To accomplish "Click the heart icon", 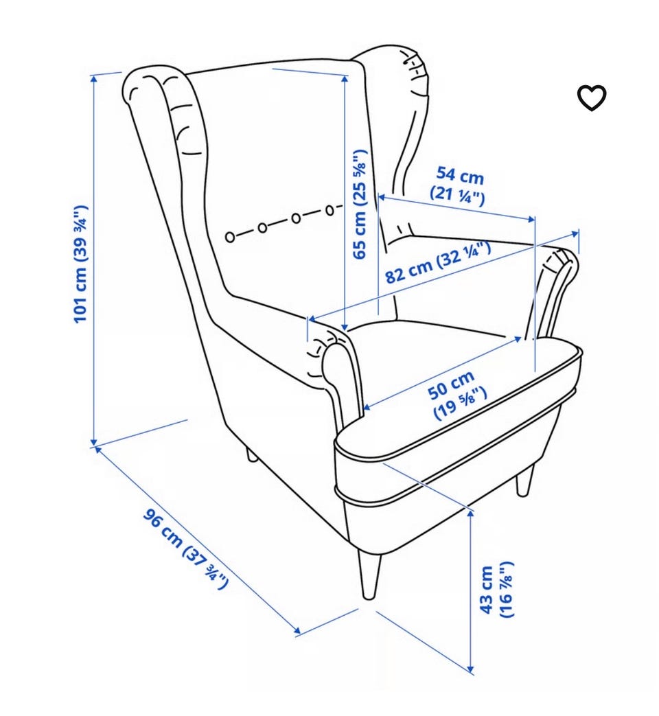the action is click(592, 97).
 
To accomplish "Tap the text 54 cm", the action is click(460, 175).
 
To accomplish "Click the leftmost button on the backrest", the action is click(230, 237).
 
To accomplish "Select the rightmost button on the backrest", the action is click(329, 210).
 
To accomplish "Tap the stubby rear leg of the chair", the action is click(252, 455).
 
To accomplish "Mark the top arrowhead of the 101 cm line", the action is click(94, 79).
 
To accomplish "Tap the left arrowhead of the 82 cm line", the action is click(313, 318).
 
